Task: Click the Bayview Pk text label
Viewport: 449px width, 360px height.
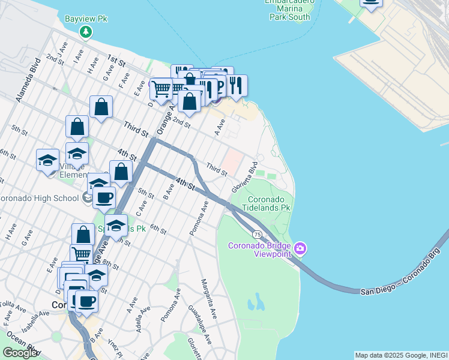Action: [x=86, y=19]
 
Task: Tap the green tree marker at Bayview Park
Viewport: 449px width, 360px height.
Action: [x=86, y=31]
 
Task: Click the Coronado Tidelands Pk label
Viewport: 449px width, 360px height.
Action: [x=269, y=203]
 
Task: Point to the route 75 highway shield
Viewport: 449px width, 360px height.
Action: [x=256, y=234]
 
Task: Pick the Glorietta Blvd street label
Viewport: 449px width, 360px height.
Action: [x=245, y=176]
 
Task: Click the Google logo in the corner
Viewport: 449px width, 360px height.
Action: [x=20, y=353]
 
